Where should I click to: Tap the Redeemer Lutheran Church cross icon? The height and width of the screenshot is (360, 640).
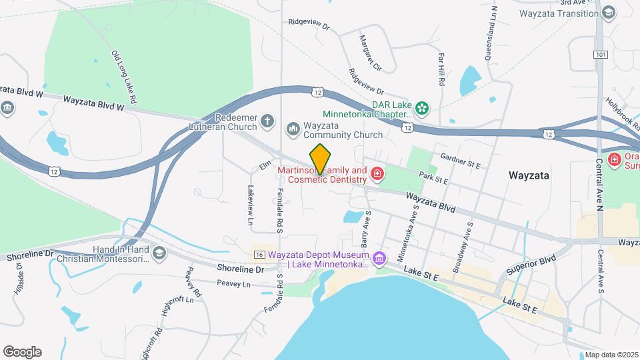coord(267,121)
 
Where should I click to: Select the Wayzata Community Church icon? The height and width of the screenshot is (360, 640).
coord(293,127)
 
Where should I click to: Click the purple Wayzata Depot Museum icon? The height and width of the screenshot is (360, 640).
coord(379,257)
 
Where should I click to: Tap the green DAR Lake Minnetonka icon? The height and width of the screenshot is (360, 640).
coord(421,107)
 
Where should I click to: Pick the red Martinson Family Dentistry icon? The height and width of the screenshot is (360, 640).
coord(377,175)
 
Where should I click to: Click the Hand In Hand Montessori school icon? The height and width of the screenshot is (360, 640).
coord(159,253)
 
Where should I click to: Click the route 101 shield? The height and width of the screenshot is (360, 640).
coord(601,54)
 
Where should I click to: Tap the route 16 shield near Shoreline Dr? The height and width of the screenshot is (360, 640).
coord(260,255)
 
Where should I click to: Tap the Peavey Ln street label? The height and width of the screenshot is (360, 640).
coord(237,284)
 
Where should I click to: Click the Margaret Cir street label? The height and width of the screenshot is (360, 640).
coord(370,53)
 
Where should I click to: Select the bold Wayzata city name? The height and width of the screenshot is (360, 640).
coord(529,176)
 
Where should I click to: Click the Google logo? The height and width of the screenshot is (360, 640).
coord(22,351)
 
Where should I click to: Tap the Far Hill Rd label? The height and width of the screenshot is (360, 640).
coord(441,71)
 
